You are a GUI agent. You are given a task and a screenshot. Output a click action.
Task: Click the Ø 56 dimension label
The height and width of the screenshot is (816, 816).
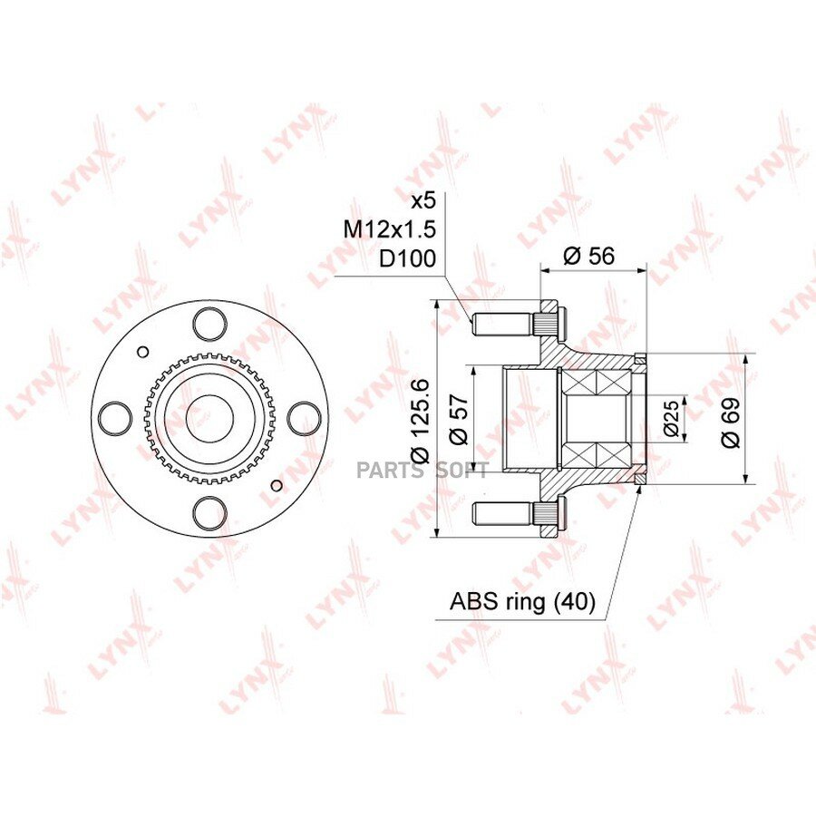click(x=588, y=256)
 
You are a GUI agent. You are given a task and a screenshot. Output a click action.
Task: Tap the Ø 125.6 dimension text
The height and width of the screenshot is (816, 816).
click(x=420, y=420)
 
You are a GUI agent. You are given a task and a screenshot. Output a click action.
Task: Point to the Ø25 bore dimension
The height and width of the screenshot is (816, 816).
click(x=671, y=418)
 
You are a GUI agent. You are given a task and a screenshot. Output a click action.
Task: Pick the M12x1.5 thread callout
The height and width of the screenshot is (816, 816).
click(x=390, y=229)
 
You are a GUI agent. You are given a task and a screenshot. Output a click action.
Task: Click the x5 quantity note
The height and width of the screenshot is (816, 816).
click(x=423, y=201)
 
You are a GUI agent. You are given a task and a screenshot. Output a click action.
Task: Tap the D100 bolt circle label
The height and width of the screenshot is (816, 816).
click(x=407, y=258)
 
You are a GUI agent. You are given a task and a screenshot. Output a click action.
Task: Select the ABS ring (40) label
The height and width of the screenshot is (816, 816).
click(x=522, y=602)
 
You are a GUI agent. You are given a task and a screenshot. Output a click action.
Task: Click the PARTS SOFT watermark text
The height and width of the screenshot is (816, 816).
click(x=422, y=470)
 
